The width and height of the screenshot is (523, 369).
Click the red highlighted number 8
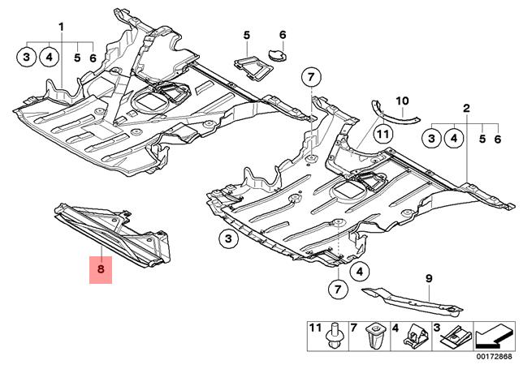click(101, 268)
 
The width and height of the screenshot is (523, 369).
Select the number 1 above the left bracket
click(61, 28)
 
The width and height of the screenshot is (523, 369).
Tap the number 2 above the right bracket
click(467, 108)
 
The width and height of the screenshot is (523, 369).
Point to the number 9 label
click(430, 278)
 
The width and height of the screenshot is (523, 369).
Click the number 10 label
click(401, 101)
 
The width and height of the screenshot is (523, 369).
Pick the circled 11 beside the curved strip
click(383, 134)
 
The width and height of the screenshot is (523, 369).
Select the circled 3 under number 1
click(27, 57)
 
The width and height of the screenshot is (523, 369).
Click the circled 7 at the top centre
click(309, 79)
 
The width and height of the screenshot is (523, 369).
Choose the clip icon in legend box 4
click(416, 337)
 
